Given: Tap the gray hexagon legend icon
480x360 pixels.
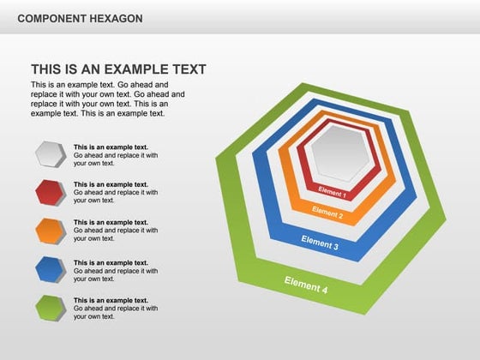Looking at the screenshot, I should click(51, 154).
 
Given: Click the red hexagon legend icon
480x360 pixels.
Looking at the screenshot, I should click(51, 192).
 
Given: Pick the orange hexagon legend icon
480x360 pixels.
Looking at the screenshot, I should click(51, 231).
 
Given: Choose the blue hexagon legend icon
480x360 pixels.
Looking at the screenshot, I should click(51, 269).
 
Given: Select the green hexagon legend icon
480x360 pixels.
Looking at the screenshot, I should click(51, 307).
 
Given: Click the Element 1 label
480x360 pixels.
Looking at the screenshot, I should click(332, 192).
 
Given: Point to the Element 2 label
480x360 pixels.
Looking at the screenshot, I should click(327, 212).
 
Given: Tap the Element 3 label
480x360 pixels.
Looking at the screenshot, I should click(319, 243).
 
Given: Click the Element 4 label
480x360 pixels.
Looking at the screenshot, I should click(306, 285).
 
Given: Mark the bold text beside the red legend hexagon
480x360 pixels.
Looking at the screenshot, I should click(111, 184).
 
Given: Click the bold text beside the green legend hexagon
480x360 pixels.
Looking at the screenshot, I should click(111, 301).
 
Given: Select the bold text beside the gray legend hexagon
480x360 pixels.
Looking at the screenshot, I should click(111, 147).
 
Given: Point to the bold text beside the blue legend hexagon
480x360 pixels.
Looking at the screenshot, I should click(111, 262).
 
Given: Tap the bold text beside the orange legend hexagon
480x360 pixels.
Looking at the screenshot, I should click(111, 223).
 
